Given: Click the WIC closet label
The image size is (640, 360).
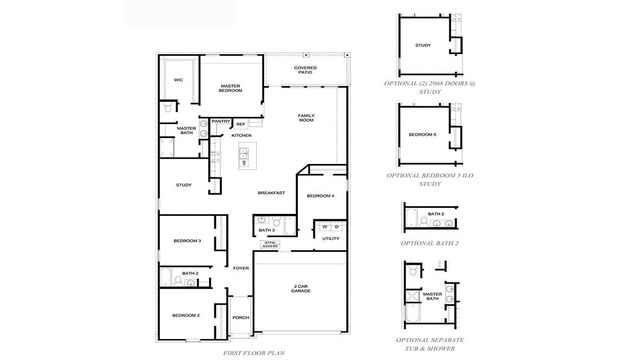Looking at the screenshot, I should point(179,79).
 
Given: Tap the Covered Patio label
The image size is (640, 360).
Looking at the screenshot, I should point(306,71).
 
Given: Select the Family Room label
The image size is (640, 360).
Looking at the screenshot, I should point(307,118).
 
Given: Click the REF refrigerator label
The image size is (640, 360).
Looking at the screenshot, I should point(241,125).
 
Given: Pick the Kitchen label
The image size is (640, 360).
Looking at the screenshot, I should point(241,135).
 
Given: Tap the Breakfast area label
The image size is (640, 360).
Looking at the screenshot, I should point(271,192).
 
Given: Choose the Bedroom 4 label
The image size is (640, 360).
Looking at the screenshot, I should point(320,195).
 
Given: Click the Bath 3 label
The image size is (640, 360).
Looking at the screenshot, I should point(267,230).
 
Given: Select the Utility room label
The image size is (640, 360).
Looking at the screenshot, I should point(331,239).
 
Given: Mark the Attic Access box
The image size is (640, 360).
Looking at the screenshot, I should point(269,243).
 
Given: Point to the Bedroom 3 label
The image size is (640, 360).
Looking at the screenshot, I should point(187,241).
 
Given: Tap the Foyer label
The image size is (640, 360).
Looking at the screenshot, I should point(240,268).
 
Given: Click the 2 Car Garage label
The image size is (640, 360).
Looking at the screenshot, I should point(301,287).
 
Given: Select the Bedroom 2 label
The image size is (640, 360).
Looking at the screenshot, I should point(186,315).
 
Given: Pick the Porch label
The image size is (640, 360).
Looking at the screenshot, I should point(240,319).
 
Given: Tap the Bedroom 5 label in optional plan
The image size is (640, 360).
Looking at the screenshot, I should point(422,135).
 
